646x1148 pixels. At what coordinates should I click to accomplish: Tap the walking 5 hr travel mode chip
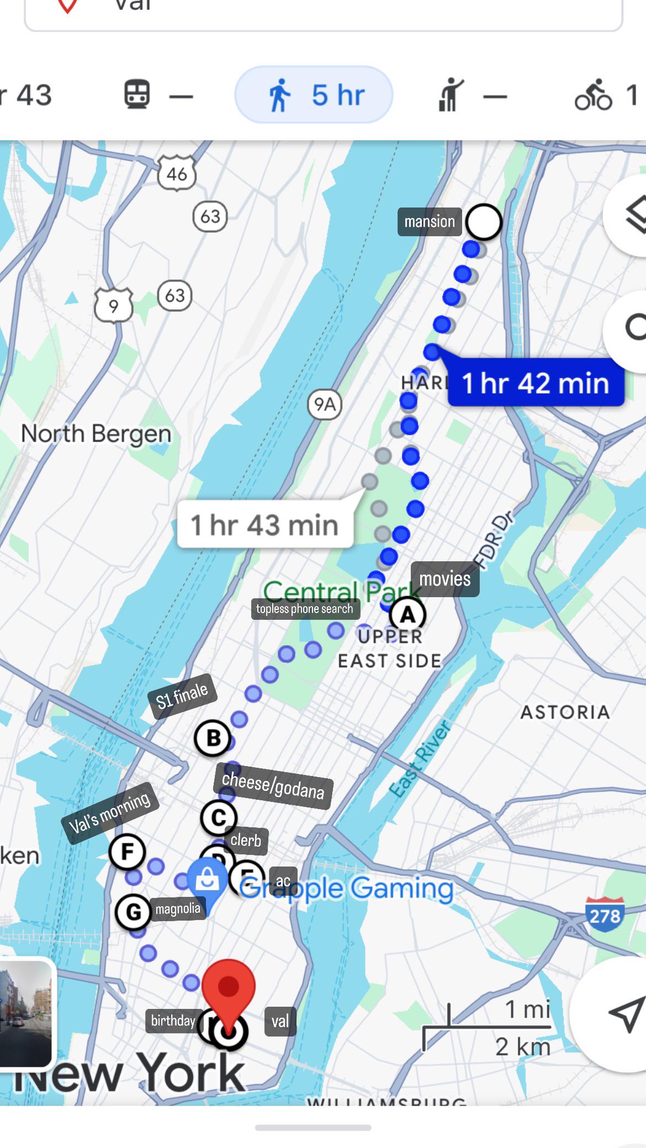pos(314,95)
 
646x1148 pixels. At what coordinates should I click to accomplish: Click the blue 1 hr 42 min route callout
pos(536,383)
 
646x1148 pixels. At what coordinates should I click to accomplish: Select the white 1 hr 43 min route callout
pos(265,524)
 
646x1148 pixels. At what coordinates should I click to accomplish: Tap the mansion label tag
pos(430,222)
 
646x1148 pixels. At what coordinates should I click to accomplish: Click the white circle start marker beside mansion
pos(484,222)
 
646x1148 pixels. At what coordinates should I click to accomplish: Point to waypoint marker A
pos(407,614)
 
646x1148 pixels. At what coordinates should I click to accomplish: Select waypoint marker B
pos(213,738)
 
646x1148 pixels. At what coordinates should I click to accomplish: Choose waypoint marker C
pos(219,817)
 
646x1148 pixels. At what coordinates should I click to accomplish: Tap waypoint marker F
pos(127,852)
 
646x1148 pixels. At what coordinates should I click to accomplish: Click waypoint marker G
pos(133,912)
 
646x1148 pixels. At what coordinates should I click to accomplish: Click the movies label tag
pos(445,579)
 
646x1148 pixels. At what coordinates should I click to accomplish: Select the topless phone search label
pos(305,609)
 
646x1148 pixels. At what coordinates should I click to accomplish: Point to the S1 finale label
pos(182,696)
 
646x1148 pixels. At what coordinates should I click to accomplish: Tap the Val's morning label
pos(110,812)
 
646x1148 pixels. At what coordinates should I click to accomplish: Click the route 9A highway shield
pos(325,405)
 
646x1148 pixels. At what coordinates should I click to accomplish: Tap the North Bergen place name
pos(96,434)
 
